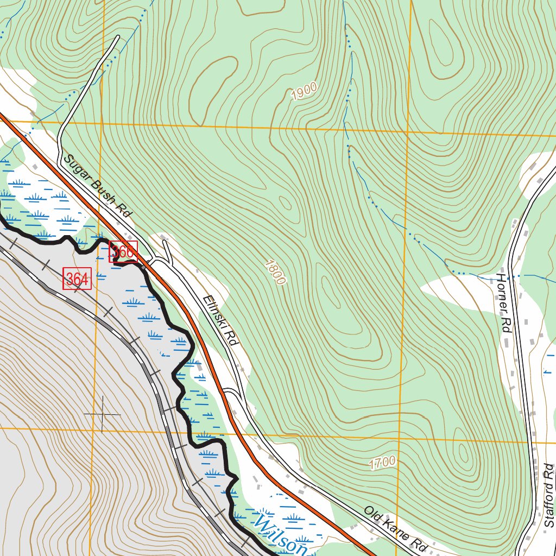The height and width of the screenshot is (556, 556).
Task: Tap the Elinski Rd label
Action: click(220, 321)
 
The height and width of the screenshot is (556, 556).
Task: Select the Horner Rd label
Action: click(504, 302)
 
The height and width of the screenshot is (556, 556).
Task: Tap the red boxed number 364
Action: click(77, 279)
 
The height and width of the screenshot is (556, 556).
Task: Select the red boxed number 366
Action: click(123, 251)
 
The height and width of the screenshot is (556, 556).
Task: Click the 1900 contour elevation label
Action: click(304, 92)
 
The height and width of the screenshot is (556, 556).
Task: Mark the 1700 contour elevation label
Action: click(382, 463)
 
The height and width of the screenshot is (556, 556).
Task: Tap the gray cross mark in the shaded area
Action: click(102, 414)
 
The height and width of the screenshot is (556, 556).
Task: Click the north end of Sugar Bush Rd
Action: click(117, 37)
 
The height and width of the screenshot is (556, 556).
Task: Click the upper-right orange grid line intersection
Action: click(407, 131)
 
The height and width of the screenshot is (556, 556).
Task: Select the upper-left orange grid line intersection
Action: click(101, 122)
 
